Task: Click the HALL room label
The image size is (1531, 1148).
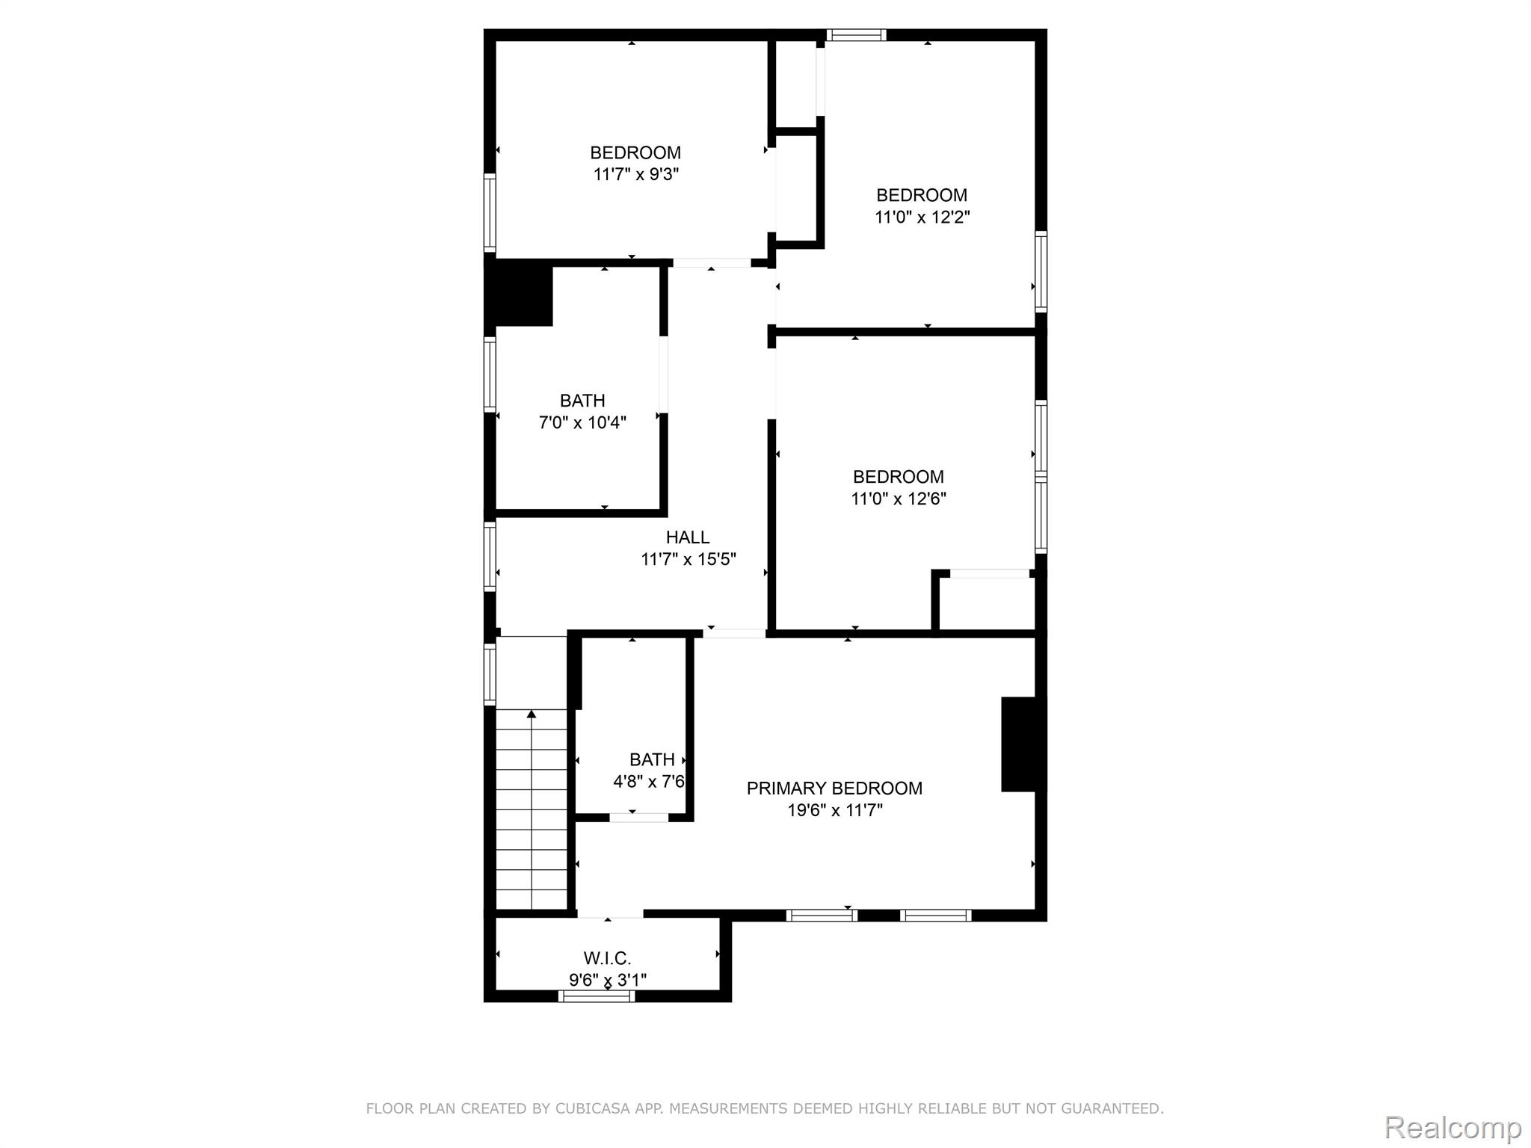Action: (688, 537)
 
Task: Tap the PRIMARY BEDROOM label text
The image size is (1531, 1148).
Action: (834, 789)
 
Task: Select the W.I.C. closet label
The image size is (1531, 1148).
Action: (608, 958)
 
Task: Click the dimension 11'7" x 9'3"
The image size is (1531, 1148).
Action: (636, 175)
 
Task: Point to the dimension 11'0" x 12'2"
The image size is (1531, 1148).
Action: (922, 217)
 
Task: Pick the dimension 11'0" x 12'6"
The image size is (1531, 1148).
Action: (899, 499)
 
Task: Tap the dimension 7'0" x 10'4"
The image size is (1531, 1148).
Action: (582, 423)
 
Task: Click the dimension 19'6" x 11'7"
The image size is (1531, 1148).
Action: (835, 810)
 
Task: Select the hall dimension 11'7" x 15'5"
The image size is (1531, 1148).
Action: (689, 559)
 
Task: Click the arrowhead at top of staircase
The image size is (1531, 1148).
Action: (532, 715)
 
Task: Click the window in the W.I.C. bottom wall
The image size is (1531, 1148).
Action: (597, 996)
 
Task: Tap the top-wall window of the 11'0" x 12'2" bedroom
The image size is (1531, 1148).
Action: (857, 34)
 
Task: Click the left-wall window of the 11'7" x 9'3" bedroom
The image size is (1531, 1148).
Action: (490, 213)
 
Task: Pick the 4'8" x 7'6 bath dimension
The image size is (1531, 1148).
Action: (649, 782)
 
